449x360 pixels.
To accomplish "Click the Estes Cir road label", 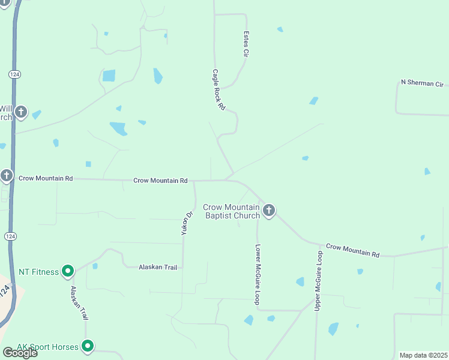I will tap(246, 44).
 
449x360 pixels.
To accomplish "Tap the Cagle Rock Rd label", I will tap(218, 89).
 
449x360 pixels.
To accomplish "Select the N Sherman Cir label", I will tap(421, 83).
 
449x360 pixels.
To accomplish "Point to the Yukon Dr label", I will tap(188, 223).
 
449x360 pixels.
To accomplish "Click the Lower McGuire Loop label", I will tap(258, 274).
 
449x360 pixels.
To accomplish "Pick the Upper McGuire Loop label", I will tap(319, 280).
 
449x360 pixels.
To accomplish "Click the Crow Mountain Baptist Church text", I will tap(232, 211).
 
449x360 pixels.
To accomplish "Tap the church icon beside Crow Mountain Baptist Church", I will tap(269, 211).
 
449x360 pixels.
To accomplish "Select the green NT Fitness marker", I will tap(68, 272).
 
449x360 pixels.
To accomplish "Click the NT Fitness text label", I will tap(39, 272).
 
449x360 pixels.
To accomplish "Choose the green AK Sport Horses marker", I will tap(88, 346).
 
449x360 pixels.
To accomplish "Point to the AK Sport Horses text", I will tap(48, 346).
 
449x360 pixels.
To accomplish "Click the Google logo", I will tap(20, 353).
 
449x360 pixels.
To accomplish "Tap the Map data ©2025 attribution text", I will tap(424, 355).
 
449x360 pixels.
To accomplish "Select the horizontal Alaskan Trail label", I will tap(158, 267).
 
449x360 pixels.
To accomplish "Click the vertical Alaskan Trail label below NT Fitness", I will tap(75, 302).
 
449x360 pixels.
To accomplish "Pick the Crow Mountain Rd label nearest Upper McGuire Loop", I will tap(352, 250).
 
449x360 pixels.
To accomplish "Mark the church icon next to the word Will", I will tap(22, 112).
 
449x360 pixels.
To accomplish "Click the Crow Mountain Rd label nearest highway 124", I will tap(46, 178).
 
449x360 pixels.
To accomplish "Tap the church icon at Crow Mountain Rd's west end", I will tap(7, 176).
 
